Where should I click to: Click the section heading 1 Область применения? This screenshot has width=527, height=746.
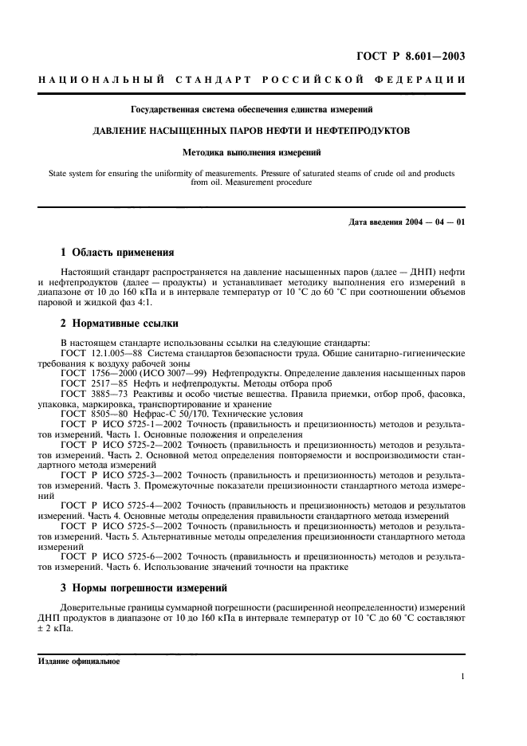[x=117, y=253]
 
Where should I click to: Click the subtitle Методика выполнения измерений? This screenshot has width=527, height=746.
[x=262, y=151]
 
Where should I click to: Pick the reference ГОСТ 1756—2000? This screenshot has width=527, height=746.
[x=92, y=372]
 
